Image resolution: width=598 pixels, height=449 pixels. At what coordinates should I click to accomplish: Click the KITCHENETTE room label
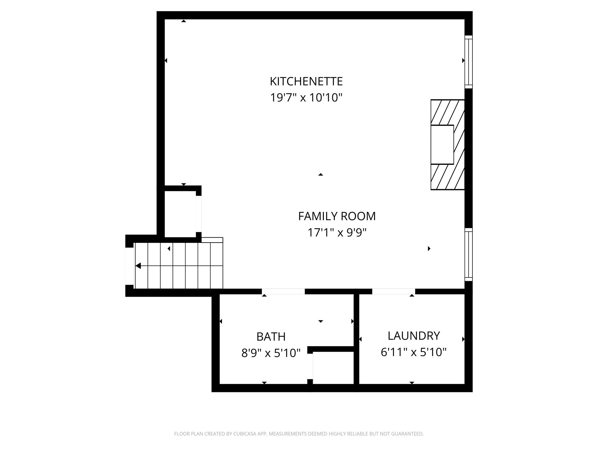tap(306, 81)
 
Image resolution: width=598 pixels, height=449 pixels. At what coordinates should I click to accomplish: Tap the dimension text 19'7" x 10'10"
tap(306, 98)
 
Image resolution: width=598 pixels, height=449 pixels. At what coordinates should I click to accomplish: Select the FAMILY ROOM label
tap(337, 216)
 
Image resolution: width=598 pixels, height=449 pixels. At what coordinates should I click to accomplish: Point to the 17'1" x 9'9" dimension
tap(337, 233)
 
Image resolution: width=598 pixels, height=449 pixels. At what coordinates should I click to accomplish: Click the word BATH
tap(271, 337)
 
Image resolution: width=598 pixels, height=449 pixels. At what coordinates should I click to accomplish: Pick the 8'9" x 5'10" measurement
tap(271, 353)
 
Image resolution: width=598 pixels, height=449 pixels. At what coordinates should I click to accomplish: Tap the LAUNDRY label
tap(413, 336)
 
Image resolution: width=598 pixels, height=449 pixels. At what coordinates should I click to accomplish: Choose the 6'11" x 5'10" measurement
tap(413, 352)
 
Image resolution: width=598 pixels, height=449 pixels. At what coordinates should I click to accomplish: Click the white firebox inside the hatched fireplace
tap(442, 145)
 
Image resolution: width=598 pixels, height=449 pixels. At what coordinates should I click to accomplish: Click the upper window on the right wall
tap(468, 62)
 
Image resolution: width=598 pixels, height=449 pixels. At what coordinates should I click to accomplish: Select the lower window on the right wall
tap(468, 254)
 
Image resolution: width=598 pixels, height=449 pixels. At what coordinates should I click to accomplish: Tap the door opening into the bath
tap(283, 291)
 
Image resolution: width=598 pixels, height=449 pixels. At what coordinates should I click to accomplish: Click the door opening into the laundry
tap(393, 291)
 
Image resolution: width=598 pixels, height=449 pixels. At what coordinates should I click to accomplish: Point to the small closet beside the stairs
tap(180, 214)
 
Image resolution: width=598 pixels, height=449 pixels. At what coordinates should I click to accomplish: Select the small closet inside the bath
tap(333, 368)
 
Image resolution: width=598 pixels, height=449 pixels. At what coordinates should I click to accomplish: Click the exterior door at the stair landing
tap(128, 266)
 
